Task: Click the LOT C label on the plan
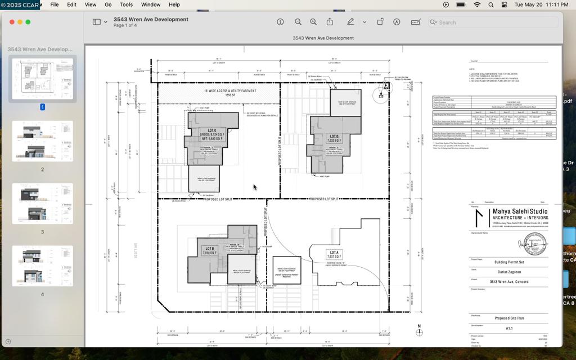211,130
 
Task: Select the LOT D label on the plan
334,136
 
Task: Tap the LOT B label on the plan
210,248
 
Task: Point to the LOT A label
334,253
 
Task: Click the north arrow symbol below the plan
419,331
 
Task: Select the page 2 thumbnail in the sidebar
42,141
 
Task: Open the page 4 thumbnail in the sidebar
42,265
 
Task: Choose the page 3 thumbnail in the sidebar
42,204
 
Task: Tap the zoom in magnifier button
313,22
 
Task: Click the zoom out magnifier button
298,22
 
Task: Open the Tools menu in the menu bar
126,4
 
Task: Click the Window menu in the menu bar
150,4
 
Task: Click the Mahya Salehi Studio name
520,211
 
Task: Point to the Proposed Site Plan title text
509,318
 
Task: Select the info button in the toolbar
280,22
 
